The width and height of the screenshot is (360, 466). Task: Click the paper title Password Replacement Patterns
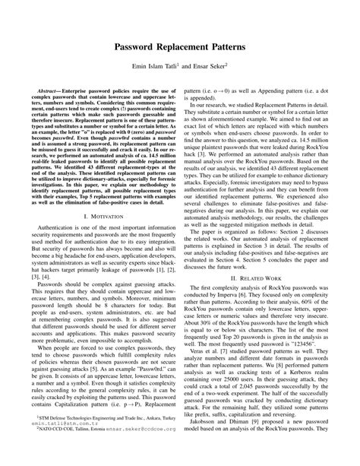(180, 48)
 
